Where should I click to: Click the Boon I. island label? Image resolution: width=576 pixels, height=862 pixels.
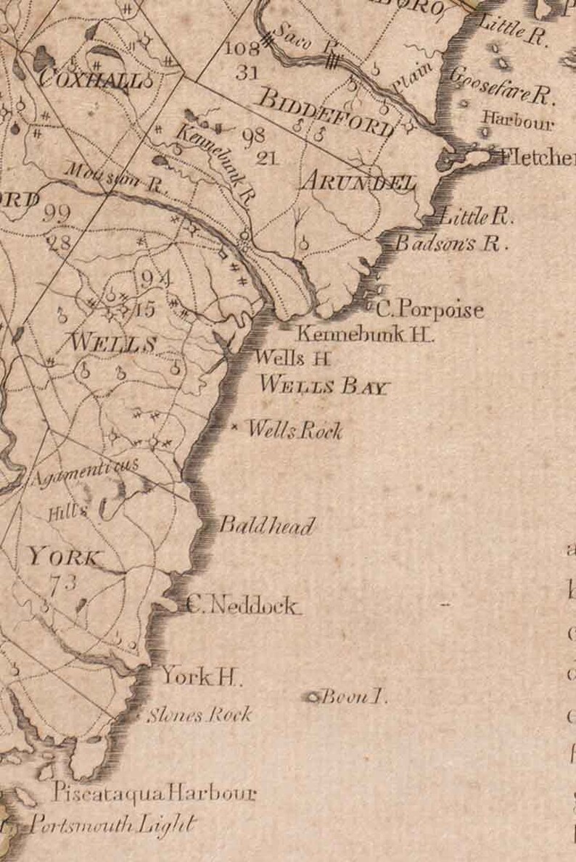tap(354, 697)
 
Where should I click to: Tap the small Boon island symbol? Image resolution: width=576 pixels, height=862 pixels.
tap(313, 697)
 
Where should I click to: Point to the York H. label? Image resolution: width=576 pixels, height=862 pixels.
tap(201, 677)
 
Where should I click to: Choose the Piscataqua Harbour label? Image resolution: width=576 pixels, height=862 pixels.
tap(154, 793)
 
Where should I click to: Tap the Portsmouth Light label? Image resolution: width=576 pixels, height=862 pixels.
tap(112, 825)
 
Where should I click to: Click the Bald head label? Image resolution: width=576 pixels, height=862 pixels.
tap(267, 526)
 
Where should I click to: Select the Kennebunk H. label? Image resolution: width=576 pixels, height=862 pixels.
tap(366, 335)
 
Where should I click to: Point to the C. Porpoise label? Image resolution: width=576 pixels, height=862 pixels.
tap(429, 310)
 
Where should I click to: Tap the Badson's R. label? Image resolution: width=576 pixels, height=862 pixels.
tap(451, 244)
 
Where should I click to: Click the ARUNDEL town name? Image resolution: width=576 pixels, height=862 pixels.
tap(358, 182)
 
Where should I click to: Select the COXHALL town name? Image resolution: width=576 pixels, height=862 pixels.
tap(91, 78)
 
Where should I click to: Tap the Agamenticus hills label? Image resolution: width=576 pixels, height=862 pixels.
tap(86, 472)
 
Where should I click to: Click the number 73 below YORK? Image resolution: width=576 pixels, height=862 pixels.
tap(63, 582)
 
